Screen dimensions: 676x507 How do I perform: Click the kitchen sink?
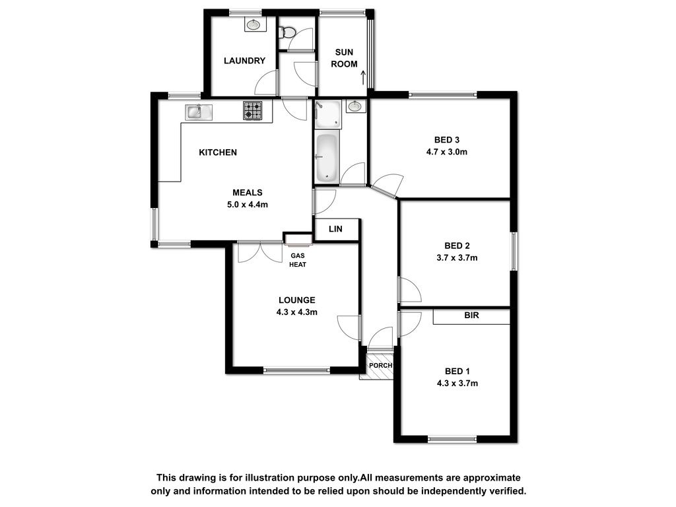(199, 112)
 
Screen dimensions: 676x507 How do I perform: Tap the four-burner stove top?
(253, 110)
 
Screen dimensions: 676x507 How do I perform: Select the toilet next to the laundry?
(287, 32)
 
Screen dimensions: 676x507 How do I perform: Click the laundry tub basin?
(253, 24)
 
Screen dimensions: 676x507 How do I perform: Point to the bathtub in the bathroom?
(327, 157)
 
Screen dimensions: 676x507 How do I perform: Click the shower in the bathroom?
(327, 114)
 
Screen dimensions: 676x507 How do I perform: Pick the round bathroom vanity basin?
(355, 106)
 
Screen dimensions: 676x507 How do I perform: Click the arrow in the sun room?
(363, 77)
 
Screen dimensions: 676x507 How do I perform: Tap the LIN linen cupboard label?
(335, 229)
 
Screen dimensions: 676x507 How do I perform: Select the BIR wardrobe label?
(471, 316)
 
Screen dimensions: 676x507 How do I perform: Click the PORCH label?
(381, 366)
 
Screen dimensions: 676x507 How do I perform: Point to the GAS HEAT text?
(298, 260)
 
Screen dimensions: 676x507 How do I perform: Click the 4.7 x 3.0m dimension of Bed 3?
(447, 152)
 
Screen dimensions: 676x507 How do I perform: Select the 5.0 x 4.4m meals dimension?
(248, 205)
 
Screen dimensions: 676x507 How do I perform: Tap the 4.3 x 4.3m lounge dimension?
(297, 312)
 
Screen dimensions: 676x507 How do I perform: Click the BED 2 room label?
(457, 246)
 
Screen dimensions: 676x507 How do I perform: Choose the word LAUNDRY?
(244, 61)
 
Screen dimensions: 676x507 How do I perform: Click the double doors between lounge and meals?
(260, 252)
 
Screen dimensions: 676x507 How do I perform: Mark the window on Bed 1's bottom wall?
(453, 439)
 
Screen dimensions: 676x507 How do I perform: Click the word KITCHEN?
(218, 152)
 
